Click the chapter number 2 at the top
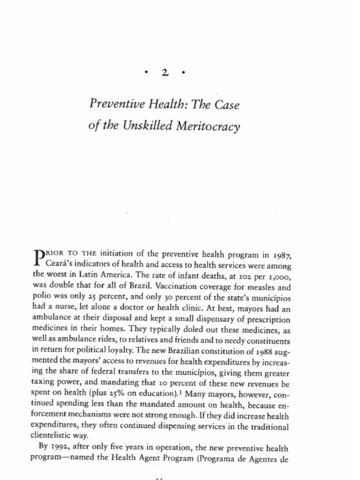165,73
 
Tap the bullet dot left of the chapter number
147,73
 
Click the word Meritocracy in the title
207,126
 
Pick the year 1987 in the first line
283,255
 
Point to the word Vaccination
176,286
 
